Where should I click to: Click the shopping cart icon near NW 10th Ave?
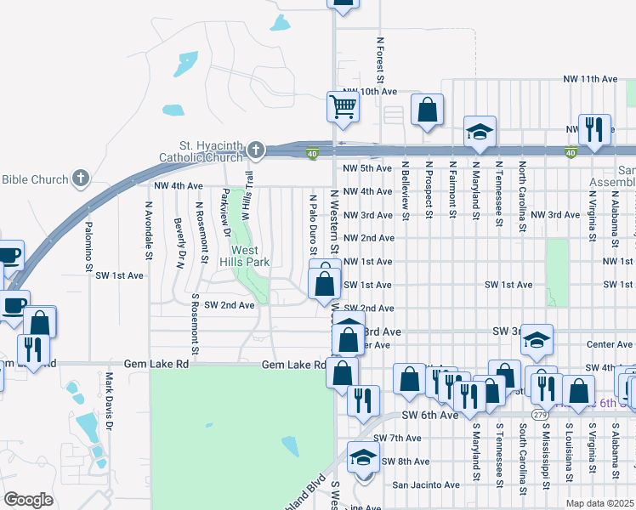(343, 106)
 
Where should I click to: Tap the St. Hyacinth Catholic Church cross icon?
(255, 151)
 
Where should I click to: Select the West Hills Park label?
(246, 256)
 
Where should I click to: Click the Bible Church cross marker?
(80, 178)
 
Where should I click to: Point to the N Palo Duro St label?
(313, 225)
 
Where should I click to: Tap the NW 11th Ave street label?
(589, 78)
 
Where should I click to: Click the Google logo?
(28, 500)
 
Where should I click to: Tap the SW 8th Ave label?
(406, 462)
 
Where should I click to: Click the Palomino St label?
(88, 246)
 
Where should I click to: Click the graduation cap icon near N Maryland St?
(480, 132)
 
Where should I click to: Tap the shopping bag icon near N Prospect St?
(427, 110)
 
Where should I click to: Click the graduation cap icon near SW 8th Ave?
(363, 457)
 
